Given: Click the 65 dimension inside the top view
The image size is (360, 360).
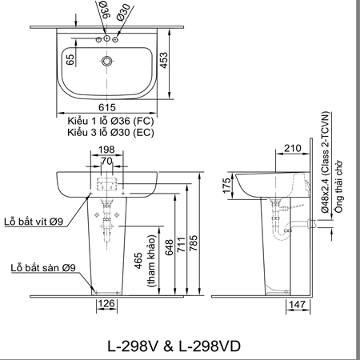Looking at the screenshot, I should [x=70, y=60].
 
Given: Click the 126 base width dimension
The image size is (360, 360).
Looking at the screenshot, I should [x=106, y=304].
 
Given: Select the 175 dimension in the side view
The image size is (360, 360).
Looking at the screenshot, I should [x=226, y=186].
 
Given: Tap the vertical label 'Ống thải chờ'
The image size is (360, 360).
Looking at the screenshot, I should [x=338, y=190].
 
